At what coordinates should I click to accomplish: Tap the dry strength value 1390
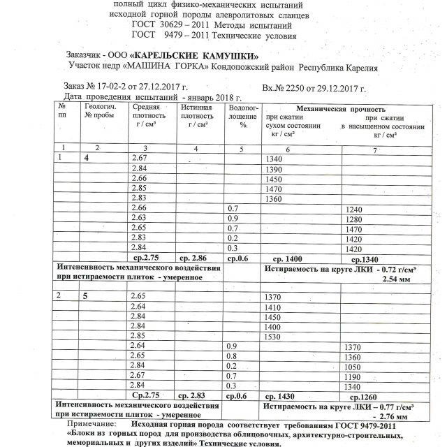(274, 171)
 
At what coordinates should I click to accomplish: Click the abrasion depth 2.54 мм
(396, 279)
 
